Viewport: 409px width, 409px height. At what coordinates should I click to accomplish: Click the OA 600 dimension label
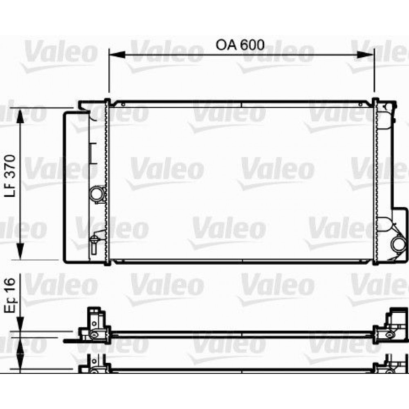240,44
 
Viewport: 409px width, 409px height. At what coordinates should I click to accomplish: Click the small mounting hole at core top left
121,105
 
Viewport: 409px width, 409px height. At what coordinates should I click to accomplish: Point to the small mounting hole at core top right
360,105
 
